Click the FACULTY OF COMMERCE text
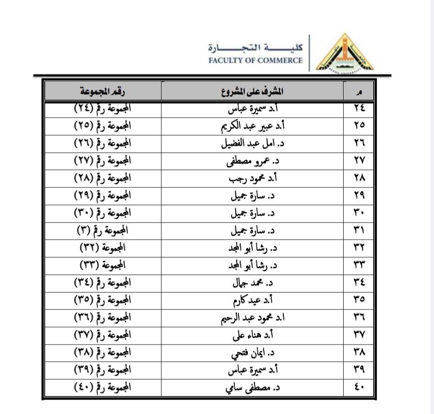tap(255, 60)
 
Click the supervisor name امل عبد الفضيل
tap(252, 143)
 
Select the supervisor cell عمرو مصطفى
tap(252, 161)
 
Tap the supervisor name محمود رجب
tap(252, 178)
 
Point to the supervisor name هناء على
tap(252, 335)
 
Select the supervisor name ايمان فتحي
tap(252, 352)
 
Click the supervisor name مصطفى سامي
tap(252, 387)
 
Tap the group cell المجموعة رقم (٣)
tap(103, 230)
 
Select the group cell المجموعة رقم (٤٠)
tap(103, 387)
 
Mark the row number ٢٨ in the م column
tap(359, 178)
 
